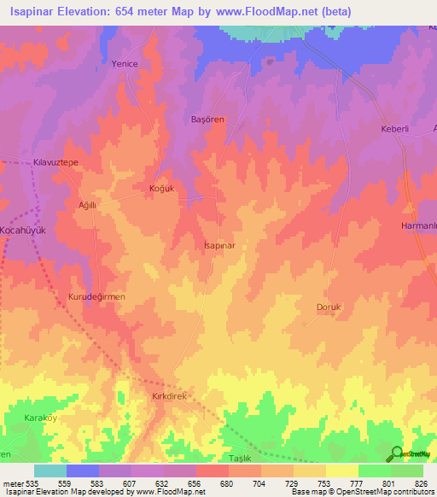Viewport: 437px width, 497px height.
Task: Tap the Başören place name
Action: pos(207,120)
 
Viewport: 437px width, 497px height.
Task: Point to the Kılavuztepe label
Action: pos(55,161)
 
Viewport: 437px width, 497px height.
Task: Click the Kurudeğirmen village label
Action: pos(96,296)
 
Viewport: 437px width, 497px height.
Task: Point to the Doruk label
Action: pos(329,307)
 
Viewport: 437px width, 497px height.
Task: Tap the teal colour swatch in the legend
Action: pos(50,471)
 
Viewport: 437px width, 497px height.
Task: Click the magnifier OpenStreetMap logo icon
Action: pos(397,453)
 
